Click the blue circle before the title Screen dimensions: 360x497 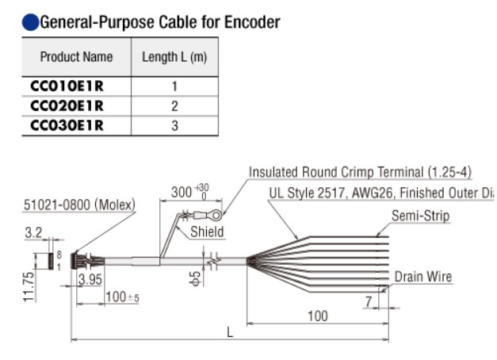coord(30,22)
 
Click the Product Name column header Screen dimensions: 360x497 coord(76,57)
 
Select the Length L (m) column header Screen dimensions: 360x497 coord(174,57)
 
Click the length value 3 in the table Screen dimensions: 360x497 coord(174,124)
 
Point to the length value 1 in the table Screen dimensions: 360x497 coord(174,86)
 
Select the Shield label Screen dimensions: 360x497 coord(206,232)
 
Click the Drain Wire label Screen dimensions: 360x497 coord(423,277)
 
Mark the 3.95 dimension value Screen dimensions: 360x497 coord(90,278)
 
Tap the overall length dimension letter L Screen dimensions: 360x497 coord(230,332)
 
